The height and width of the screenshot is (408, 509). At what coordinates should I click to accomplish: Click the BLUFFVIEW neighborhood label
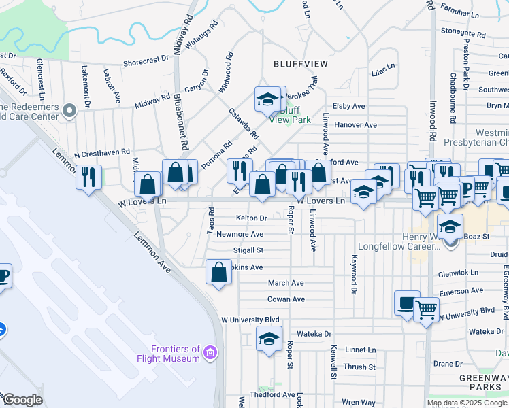(x=300, y=63)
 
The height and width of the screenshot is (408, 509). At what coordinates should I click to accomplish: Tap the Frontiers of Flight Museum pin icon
(x=210, y=353)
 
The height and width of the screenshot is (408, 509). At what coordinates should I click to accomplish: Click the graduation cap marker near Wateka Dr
(x=269, y=338)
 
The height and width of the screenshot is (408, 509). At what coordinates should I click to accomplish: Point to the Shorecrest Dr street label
(x=146, y=61)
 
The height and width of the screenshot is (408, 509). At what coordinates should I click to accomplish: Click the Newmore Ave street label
(x=240, y=234)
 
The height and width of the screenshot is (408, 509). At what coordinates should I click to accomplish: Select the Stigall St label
(x=248, y=250)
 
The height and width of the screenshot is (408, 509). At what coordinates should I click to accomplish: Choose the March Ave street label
(x=286, y=283)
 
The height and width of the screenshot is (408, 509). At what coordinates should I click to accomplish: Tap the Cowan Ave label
(x=286, y=299)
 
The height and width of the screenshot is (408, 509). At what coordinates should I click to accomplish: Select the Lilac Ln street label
(x=383, y=69)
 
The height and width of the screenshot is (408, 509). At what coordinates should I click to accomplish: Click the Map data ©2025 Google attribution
(x=467, y=403)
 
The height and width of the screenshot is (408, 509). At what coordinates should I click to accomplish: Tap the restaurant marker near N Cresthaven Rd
(x=88, y=177)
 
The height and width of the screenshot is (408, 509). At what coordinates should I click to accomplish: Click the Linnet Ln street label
(x=361, y=350)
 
